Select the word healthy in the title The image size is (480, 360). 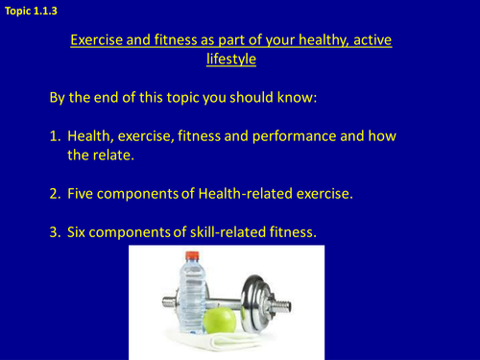[x=312, y=41]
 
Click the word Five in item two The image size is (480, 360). [x=83, y=194]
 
